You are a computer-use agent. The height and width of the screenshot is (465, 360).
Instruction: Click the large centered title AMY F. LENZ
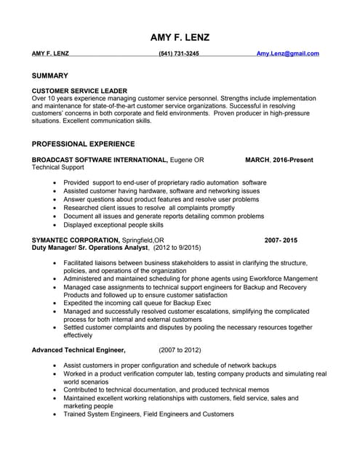pos(180,37)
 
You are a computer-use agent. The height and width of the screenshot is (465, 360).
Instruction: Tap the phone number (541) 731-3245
pos(179,54)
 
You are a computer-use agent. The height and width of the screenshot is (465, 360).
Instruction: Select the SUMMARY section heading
pos(50,76)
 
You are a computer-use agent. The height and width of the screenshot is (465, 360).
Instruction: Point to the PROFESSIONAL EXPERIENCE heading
pos(83,144)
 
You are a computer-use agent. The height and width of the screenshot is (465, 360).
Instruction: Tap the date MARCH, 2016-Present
pos(279,159)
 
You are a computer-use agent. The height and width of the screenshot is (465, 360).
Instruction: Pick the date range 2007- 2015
pos(281,240)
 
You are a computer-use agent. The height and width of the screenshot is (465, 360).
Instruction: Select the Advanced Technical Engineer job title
pos(79,349)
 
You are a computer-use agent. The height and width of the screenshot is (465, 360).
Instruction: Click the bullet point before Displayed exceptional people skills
pos(55,225)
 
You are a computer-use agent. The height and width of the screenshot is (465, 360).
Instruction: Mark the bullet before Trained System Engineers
pos(55,414)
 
